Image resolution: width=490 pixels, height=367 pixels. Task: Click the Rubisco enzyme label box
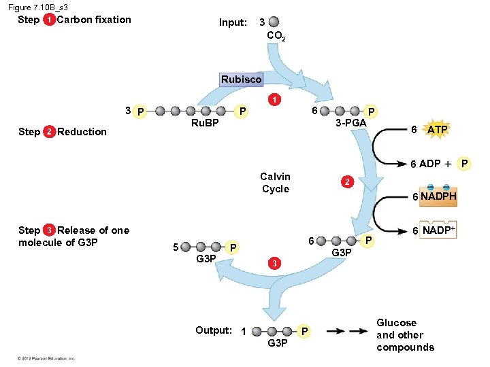point(241,80)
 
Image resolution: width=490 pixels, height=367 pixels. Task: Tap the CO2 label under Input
point(276,36)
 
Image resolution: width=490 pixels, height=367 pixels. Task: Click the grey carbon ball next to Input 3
point(273,22)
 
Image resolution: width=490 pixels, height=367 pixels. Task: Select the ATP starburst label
point(436,129)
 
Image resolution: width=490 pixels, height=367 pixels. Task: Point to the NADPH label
point(438,196)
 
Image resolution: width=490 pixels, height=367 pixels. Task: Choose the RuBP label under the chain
point(205,123)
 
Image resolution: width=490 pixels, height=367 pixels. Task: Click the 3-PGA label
point(351,123)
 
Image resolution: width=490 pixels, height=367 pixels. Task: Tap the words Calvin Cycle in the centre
point(276,183)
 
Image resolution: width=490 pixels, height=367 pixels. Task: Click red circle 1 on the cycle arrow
point(274,100)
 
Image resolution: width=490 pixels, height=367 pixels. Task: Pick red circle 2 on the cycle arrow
point(347,182)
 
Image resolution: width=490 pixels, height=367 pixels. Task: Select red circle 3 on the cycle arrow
point(273,263)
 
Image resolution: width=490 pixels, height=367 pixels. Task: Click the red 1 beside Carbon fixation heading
point(49,20)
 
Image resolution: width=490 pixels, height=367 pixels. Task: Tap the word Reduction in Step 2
point(82,132)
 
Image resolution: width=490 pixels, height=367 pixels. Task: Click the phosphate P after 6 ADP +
point(465,164)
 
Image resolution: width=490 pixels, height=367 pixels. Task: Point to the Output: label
point(214,330)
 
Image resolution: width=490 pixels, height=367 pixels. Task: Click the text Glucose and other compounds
point(405,335)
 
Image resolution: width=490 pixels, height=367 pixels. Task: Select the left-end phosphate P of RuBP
point(141,111)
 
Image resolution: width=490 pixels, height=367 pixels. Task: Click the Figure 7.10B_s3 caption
point(38,7)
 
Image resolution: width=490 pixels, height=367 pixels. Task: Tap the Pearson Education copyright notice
point(47,358)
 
